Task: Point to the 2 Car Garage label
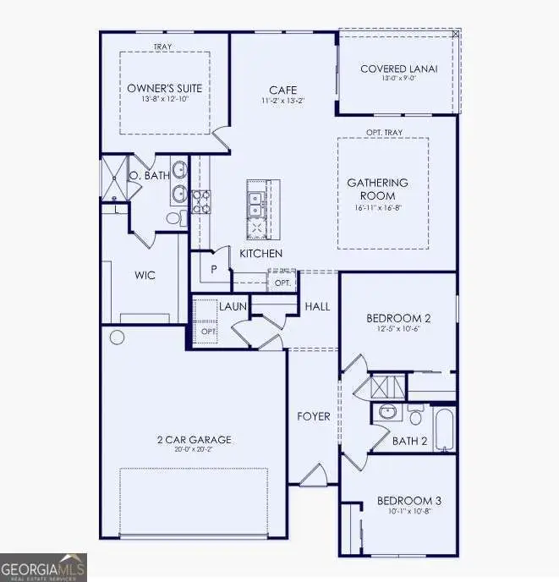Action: pos(194,440)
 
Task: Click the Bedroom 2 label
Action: pos(398,318)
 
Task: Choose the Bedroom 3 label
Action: pos(408,501)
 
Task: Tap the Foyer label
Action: pos(313,416)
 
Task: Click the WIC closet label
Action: pos(145,276)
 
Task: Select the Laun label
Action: pos(233,307)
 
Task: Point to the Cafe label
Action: pos(282,90)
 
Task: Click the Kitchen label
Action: pos(260,254)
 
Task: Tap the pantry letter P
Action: pos(215,269)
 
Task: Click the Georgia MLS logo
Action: pos(43,567)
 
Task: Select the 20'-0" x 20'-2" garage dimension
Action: pos(194,452)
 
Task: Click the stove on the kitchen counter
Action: pos(204,200)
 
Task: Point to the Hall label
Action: pos(317,306)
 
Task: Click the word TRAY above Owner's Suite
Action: pos(163,47)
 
